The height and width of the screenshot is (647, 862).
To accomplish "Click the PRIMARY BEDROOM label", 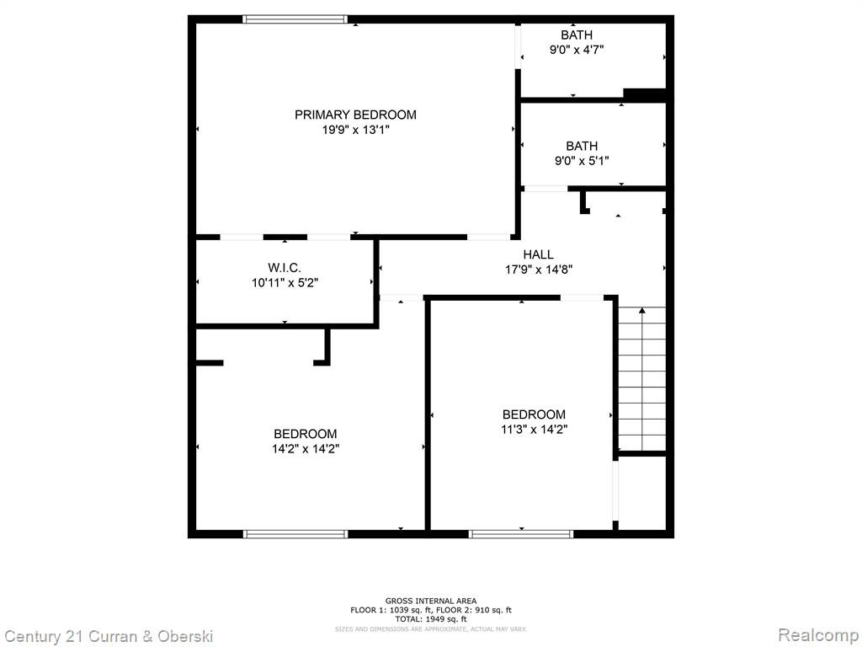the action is [x=355, y=115].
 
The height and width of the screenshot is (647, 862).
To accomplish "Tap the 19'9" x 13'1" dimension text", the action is [x=356, y=130].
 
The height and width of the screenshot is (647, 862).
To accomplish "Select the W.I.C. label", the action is [x=285, y=268].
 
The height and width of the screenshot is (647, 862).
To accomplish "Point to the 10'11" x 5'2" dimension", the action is [x=285, y=283].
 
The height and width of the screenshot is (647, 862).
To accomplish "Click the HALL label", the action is [x=538, y=254].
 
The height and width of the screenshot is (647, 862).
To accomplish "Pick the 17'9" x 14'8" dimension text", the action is [x=539, y=270].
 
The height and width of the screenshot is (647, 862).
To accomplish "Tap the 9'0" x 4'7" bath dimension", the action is [x=577, y=50].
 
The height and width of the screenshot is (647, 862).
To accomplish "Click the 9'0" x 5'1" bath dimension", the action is [x=582, y=161].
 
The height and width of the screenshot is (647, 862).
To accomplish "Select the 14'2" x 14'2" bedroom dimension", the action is [x=305, y=449].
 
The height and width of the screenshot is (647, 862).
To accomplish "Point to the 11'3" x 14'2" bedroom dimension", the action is [x=534, y=429].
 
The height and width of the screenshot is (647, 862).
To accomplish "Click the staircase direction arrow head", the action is [x=641, y=311].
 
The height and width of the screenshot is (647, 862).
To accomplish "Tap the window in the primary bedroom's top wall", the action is [x=295, y=19].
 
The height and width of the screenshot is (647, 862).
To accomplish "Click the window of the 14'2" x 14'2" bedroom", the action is [x=295, y=533].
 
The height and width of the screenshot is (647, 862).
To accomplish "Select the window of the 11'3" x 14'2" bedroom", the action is [x=520, y=533].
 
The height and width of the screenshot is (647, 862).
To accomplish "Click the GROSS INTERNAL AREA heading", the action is [x=431, y=601].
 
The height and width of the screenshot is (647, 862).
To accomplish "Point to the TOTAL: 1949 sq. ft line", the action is [x=431, y=619].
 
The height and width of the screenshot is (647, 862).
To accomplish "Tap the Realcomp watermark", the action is [x=818, y=635].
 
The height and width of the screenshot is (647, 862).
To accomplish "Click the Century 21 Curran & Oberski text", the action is [x=109, y=637].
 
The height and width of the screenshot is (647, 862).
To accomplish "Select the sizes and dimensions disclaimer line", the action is [x=431, y=628].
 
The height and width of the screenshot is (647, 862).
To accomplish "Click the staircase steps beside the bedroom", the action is [x=641, y=379].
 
